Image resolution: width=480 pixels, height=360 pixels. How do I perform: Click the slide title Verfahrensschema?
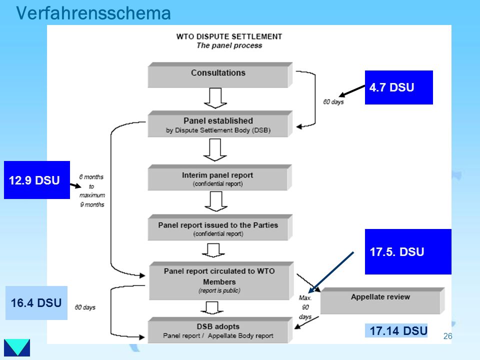(x=93, y=13)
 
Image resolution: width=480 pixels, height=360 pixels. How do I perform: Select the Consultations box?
(x=220, y=75)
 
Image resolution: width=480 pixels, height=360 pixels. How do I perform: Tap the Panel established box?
(x=220, y=123)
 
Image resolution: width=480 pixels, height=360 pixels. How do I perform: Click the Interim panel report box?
(x=219, y=177)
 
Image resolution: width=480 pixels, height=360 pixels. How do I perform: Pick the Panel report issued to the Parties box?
(x=220, y=227)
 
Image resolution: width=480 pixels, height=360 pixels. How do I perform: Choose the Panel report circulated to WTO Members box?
(x=221, y=280)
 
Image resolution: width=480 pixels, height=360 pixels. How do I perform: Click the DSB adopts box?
(x=220, y=330)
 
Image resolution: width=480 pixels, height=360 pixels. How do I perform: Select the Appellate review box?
(x=382, y=300)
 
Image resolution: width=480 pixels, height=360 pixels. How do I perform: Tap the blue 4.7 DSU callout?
(x=399, y=87)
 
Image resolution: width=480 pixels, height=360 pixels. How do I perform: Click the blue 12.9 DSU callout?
(x=37, y=180)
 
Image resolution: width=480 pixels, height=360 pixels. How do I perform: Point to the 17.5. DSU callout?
(x=408, y=251)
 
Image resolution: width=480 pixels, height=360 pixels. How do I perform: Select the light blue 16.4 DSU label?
(x=36, y=303)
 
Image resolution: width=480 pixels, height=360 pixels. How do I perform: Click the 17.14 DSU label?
(x=396, y=330)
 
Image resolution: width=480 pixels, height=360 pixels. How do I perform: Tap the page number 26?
(x=447, y=336)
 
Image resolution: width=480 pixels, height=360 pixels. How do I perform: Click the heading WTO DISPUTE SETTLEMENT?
(x=229, y=36)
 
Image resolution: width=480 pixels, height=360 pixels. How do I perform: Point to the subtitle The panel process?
(x=229, y=45)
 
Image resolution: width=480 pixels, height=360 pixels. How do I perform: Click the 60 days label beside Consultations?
(x=333, y=102)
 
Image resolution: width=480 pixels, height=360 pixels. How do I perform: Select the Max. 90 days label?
(x=305, y=307)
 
